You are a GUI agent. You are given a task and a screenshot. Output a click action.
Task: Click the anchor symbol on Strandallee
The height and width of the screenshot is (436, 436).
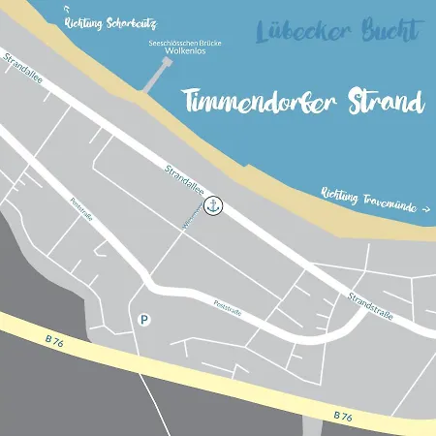(216, 205)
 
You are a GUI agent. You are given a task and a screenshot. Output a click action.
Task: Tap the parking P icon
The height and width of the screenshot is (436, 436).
(144, 318)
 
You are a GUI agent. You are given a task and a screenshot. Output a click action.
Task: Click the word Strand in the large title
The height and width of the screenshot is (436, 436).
(386, 101)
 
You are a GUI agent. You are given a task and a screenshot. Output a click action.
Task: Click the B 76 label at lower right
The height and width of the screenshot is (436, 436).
(342, 414)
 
